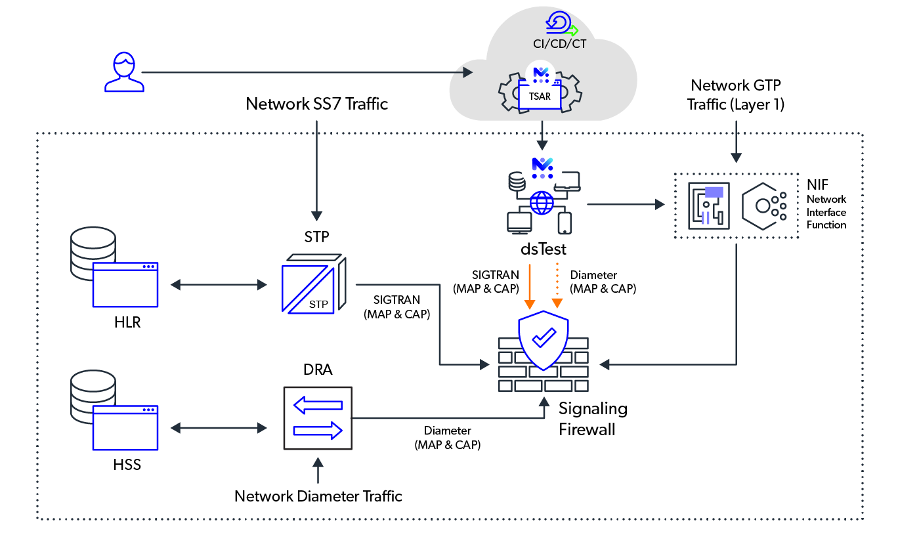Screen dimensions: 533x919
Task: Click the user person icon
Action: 124,72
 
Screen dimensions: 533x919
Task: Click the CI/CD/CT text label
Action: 559,45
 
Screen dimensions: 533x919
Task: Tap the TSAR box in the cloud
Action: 540,96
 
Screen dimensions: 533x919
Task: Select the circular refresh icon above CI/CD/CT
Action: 559,22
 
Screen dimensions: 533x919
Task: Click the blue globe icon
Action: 542,203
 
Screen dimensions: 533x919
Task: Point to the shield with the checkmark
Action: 544,339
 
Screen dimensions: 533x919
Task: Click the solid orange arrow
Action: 530,286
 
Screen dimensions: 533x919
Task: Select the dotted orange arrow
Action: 557,286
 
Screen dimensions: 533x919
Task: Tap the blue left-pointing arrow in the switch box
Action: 318,405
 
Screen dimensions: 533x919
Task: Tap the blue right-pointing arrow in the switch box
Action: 318,431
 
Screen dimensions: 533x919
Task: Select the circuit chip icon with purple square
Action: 709,205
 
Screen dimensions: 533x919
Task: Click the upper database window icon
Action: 125,285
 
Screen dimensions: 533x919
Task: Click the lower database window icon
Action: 125,428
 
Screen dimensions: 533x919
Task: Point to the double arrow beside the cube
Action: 219,285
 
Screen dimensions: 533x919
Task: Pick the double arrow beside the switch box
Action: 219,428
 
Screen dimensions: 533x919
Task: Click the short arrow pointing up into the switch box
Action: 318,470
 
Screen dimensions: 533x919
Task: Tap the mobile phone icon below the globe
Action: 565,223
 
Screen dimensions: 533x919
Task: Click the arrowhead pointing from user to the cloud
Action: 468,72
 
